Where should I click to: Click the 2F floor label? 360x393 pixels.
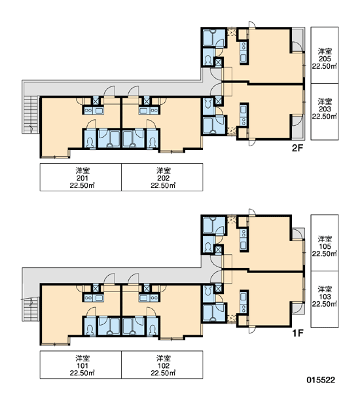pos(297,149)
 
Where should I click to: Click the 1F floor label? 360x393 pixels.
pos(298,333)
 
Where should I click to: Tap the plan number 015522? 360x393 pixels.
pos(321,380)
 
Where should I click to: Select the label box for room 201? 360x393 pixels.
pos(81,178)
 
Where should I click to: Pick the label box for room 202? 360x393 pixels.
pos(162,178)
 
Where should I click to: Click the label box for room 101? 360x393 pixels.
pos(81,365)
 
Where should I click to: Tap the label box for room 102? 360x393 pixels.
pos(162,365)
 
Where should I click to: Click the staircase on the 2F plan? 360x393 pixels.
pos(31,115)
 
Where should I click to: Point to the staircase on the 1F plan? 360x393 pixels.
pos(31,309)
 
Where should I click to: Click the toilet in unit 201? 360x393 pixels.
pos(90,142)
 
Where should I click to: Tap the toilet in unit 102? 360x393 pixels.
pos(153,329)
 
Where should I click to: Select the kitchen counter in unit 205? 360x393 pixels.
pos(243,52)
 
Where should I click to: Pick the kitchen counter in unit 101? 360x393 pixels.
pos(93,298)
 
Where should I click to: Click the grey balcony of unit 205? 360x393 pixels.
pos(298,40)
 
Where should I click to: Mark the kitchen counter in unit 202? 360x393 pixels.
pos(149,111)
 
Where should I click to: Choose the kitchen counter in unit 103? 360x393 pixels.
pos(243,303)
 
